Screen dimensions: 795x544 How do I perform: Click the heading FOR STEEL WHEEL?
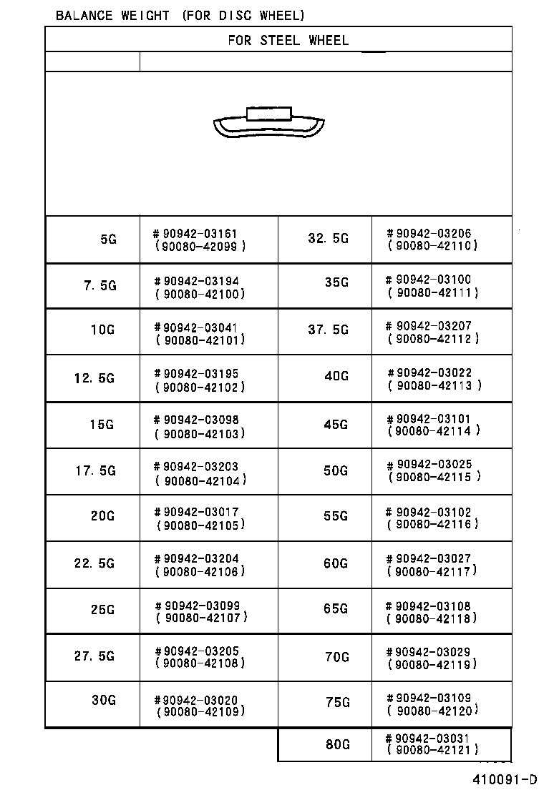click(x=288, y=41)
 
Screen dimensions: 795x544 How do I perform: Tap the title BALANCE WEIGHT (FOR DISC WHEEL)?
click(x=180, y=15)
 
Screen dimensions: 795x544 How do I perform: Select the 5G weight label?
click(x=108, y=240)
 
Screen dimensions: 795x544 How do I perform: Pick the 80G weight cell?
click(x=337, y=744)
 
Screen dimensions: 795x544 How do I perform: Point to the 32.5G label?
click(x=329, y=239)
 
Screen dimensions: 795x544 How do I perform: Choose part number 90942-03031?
click(x=432, y=739)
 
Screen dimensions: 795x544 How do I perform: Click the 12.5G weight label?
click(x=94, y=378)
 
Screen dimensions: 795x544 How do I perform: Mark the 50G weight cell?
click(x=336, y=470)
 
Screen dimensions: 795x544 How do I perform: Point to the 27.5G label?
click(x=94, y=656)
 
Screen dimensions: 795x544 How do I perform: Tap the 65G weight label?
click(x=336, y=609)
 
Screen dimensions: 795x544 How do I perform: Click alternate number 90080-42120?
click(x=432, y=711)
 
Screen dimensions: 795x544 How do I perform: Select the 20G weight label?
click(x=102, y=516)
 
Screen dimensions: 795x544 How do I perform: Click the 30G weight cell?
click(x=103, y=700)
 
